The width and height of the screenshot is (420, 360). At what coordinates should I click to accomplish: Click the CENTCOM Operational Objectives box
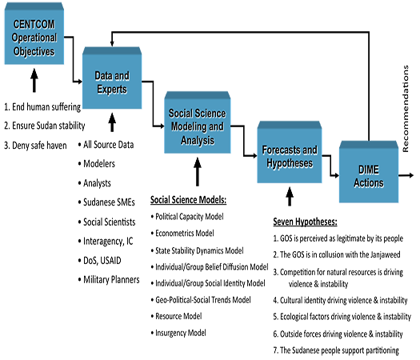pyautogui.click(x=34, y=34)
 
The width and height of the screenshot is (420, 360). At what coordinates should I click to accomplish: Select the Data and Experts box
pyautogui.click(x=112, y=78)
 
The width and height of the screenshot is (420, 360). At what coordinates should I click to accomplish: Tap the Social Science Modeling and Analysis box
pyautogui.click(x=198, y=122)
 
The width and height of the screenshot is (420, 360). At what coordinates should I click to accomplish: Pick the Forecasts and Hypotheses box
pyautogui.click(x=290, y=152)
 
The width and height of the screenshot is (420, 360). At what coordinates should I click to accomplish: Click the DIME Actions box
pyautogui.click(x=369, y=172)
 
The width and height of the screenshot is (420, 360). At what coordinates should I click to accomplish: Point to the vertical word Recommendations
pyautogui.click(x=406, y=109)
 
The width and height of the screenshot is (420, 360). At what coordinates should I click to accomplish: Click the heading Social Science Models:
pyautogui.click(x=188, y=200)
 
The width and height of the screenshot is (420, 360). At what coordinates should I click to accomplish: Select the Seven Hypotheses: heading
pyautogui.click(x=305, y=222)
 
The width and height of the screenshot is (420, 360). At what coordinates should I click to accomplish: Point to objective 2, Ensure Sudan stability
pyautogui.click(x=45, y=126)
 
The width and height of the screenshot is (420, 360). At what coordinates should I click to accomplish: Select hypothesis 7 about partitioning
pyautogui.click(x=336, y=350)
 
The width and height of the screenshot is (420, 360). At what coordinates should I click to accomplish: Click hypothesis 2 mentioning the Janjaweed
pyautogui.click(x=337, y=254)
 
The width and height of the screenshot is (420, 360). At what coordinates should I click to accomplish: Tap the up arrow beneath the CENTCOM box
pyautogui.click(x=34, y=80)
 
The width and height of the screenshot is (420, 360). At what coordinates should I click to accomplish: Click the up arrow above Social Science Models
pyautogui.click(x=198, y=172)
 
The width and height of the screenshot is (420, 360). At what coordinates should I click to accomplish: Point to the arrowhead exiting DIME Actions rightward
pyautogui.click(x=411, y=175)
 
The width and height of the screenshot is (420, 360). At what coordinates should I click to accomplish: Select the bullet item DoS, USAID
pyautogui.click(x=100, y=260)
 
